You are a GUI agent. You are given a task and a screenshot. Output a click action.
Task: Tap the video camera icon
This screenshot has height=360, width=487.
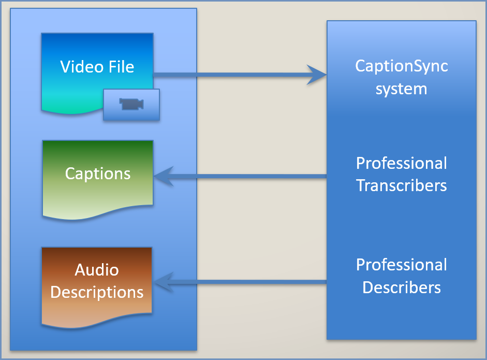(x=131, y=104)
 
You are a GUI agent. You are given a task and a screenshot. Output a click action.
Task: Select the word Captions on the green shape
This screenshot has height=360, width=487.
(x=98, y=173)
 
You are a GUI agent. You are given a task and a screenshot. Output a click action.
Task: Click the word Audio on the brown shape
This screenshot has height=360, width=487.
(x=97, y=270)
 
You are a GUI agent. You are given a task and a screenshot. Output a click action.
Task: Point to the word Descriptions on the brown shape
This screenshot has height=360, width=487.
(x=97, y=292)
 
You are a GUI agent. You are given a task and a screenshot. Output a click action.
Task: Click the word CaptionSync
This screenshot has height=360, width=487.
(x=402, y=66)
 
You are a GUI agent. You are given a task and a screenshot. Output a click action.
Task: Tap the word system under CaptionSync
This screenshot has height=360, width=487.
(x=402, y=89)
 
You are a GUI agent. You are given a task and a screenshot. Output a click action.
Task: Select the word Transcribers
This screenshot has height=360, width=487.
(x=402, y=185)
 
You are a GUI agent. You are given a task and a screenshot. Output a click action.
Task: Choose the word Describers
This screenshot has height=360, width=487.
(x=402, y=287)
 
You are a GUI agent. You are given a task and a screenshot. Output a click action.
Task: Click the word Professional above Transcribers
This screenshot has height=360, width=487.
(x=402, y=163)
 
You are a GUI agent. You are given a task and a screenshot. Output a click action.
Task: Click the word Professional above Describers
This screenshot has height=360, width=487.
(x=402, y=265)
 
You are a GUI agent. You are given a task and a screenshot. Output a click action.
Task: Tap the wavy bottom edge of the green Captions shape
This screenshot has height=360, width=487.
(x=98, y=214)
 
